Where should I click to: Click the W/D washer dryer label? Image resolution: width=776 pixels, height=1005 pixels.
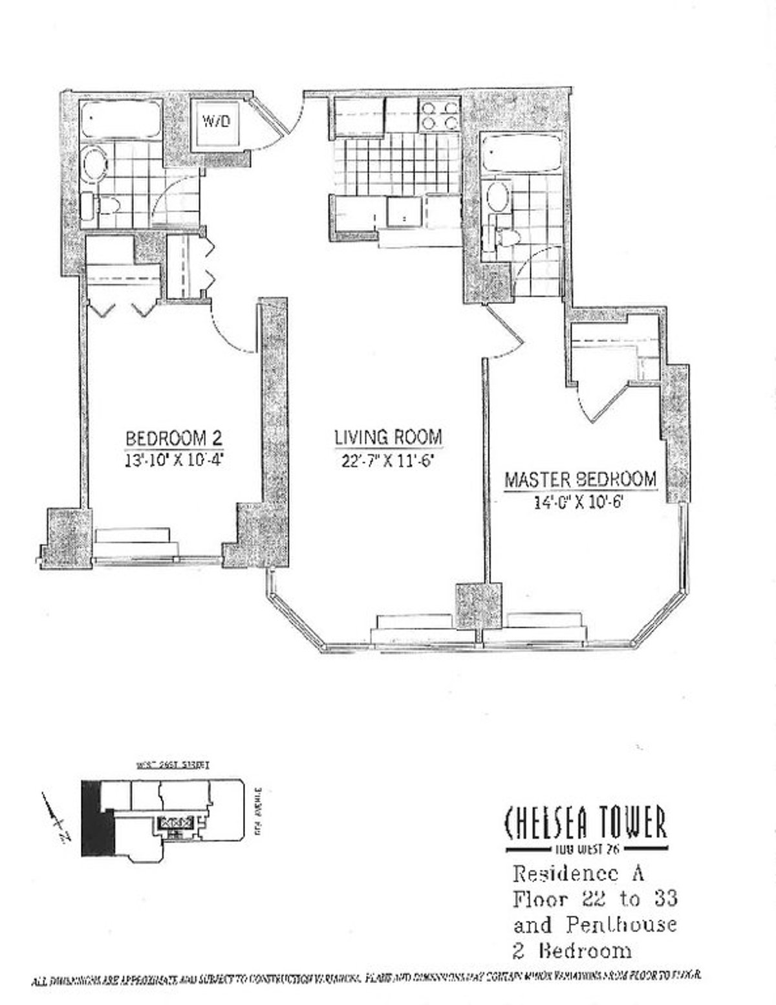point(216,122)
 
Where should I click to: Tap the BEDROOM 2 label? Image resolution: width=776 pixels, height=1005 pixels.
point(174,438)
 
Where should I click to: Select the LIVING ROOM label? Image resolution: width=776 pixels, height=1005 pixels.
point(388,437)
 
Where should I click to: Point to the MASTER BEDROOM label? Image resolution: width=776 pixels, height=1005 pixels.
point(580,479)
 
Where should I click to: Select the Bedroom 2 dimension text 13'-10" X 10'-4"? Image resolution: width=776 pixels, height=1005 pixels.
point(174,461)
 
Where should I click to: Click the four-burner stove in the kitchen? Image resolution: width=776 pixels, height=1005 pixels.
point(439,114)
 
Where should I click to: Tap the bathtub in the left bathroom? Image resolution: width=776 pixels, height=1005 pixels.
point(120,118)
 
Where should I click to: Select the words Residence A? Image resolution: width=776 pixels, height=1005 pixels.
point(578,874)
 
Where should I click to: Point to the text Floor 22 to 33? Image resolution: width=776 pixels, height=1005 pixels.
point(595,899)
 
